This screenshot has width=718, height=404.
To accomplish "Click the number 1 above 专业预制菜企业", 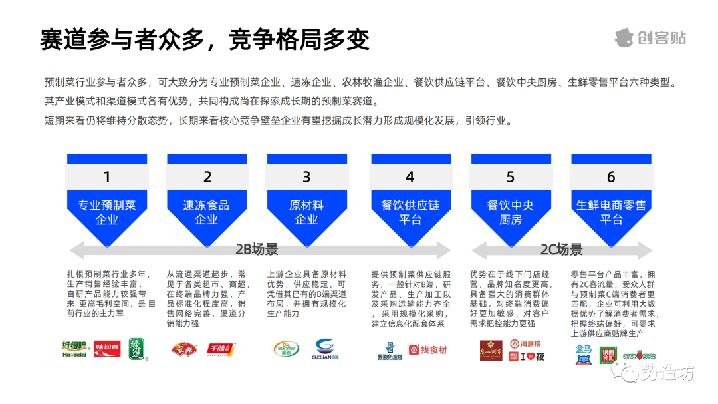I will pos(106,177).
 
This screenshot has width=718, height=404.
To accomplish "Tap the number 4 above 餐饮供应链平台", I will pos(410,177).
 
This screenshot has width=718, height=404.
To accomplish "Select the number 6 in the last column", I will pos(611,177).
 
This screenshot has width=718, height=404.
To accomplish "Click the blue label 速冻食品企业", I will pos(207,212).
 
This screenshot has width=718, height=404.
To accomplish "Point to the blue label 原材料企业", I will pos(306,212).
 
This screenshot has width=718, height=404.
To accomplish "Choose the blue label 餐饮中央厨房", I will pos(510,212).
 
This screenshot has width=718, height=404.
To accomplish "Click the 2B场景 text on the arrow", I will pos(257,250).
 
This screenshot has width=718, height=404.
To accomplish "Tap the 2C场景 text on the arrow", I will pos(561,250).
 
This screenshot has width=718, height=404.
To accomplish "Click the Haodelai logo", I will pos(75,349).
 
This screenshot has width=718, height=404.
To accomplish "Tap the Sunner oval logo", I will pos(287,349).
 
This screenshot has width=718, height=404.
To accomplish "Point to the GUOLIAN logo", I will pos(326,349).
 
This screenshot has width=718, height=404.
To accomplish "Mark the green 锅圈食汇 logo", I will pos(608,355).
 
